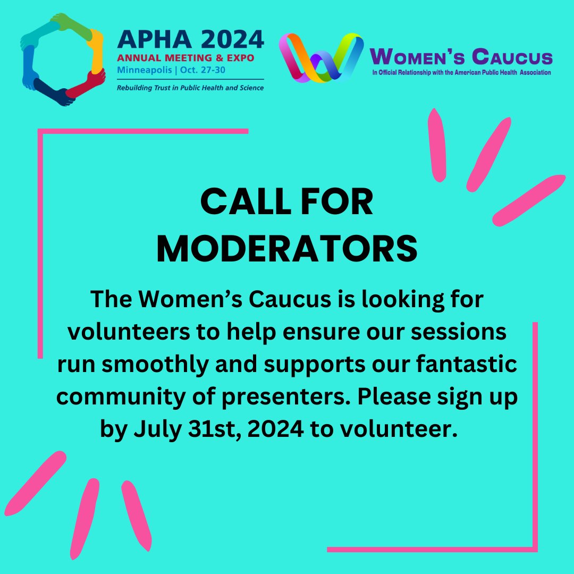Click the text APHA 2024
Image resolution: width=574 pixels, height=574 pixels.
click(190, 39)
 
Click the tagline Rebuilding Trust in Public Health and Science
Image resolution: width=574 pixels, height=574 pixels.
click(190, 88)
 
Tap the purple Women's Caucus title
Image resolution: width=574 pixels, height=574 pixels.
click(461, 56)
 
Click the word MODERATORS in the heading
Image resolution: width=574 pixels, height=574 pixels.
click(287, 248)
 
